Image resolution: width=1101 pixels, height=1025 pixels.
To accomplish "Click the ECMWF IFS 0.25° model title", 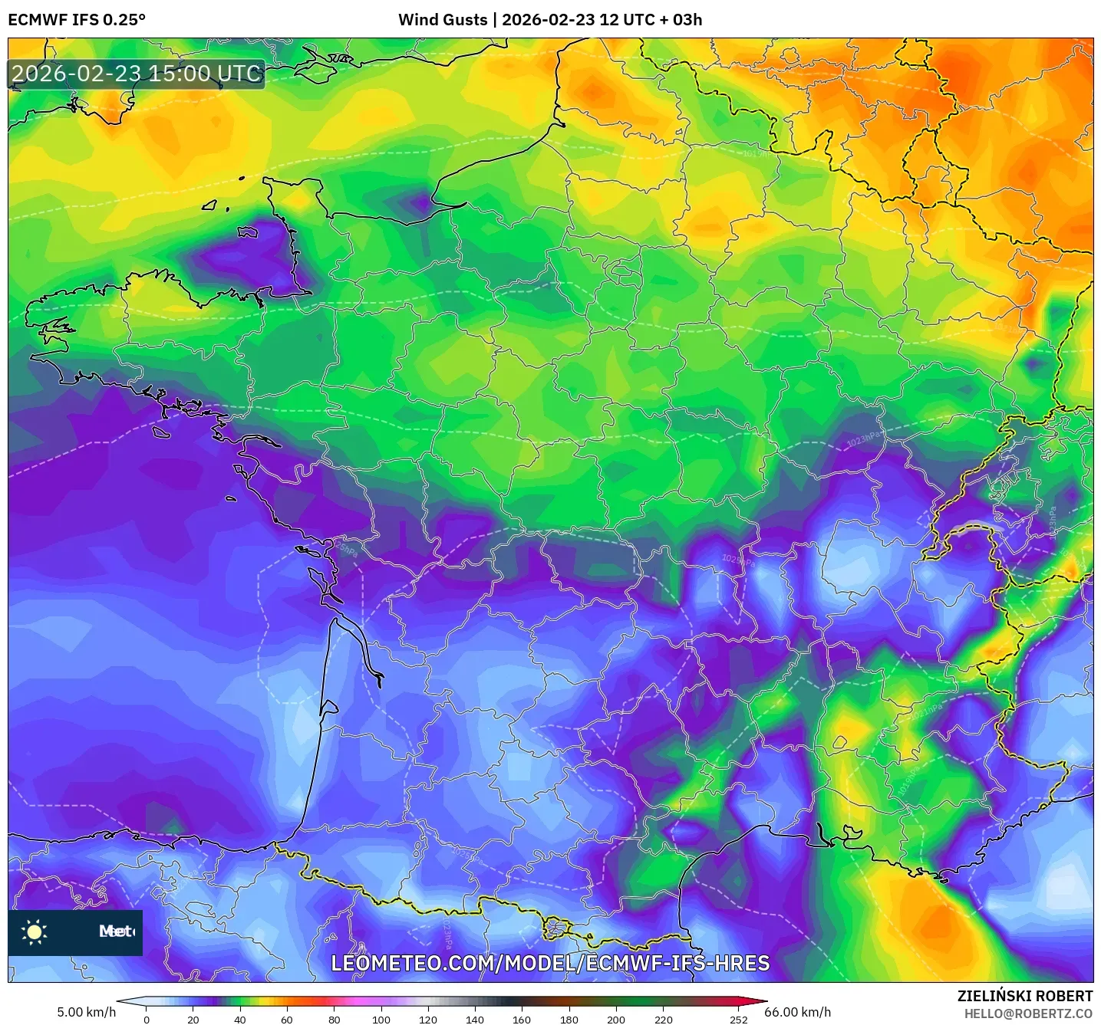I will point(77,20).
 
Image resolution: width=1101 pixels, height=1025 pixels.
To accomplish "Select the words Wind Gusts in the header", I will point(443,20).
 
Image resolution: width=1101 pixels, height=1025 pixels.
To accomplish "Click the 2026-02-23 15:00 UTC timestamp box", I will point(137,74).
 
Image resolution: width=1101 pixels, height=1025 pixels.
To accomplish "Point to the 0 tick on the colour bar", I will point(147,1019).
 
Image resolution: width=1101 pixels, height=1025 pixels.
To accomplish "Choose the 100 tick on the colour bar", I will point(381,1019).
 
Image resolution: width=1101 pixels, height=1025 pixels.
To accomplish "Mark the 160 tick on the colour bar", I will point(522,1019).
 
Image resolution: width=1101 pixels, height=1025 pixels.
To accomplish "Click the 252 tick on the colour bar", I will point(738,1019).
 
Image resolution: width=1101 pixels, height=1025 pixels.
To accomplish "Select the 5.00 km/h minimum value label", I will point(86,1012).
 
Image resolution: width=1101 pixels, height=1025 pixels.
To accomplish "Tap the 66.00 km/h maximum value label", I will point(798,1012).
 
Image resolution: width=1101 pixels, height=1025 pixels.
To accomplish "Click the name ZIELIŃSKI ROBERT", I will point(1025,996).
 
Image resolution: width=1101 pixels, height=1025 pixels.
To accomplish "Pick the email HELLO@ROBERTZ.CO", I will point(1028,1014).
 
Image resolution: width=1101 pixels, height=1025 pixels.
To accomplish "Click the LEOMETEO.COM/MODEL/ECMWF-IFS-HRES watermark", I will point(550,964).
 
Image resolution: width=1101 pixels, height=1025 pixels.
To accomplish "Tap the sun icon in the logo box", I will point(35,931).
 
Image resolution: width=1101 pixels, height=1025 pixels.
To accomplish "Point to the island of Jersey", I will point(249,232).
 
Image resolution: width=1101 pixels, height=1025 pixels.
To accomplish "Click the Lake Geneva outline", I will point(971,528).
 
